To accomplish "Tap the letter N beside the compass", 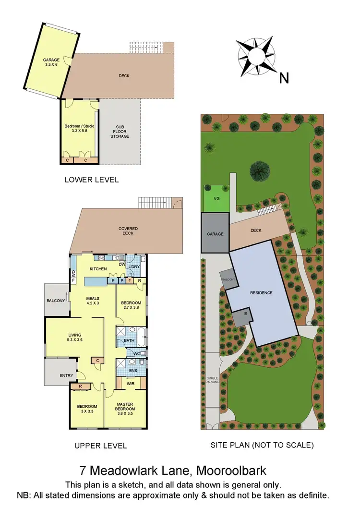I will click(284, 78).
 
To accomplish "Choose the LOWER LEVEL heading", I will click(91, 180).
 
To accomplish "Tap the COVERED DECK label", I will click(128, 231).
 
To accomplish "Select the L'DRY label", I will click(134, 267).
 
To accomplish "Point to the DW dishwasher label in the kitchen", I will click(122, 264).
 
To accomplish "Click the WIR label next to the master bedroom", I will click(130, 384).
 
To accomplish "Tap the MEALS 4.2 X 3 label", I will click(93, 301).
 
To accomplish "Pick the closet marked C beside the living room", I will click(98, 360).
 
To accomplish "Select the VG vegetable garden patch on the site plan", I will click(216, 198).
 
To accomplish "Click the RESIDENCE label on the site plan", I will click(261, 292).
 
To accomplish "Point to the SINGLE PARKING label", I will click(212, 380).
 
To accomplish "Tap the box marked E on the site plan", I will click(246, 314).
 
